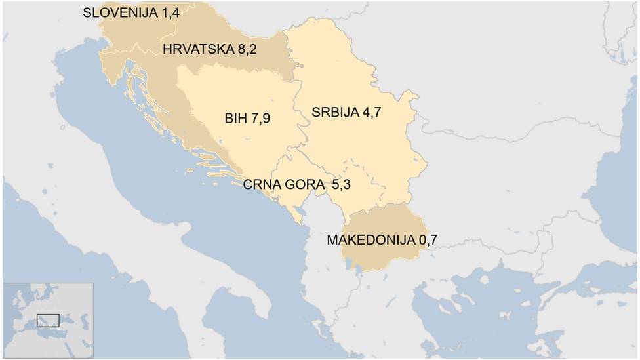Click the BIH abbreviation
[x=235, y=119]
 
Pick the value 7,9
[x=259, y=119]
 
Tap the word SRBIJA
[x=335, y=112]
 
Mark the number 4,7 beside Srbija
[x=371, y=112]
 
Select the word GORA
[x=304, y=185]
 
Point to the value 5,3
[x=341, y=185]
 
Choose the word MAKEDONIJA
[x=370, y=241]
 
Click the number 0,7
[x=428, y=241]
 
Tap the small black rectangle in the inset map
[x=48, y=321]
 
